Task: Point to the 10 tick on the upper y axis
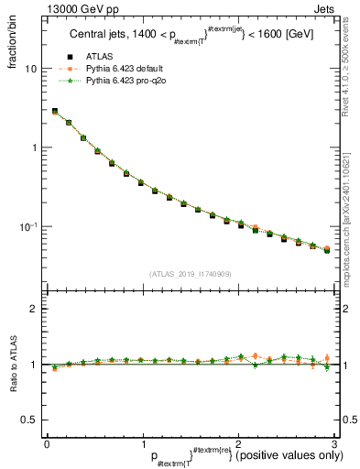(x=30, y=69)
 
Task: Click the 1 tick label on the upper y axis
(x=33, y=147)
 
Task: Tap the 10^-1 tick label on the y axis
(x=28, y=226)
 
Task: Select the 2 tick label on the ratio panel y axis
(x=33, y=309)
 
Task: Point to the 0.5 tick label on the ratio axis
(x=29, y=420)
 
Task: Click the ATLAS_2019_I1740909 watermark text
(x=190, y=274)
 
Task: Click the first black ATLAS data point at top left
(x=55, y=112)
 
